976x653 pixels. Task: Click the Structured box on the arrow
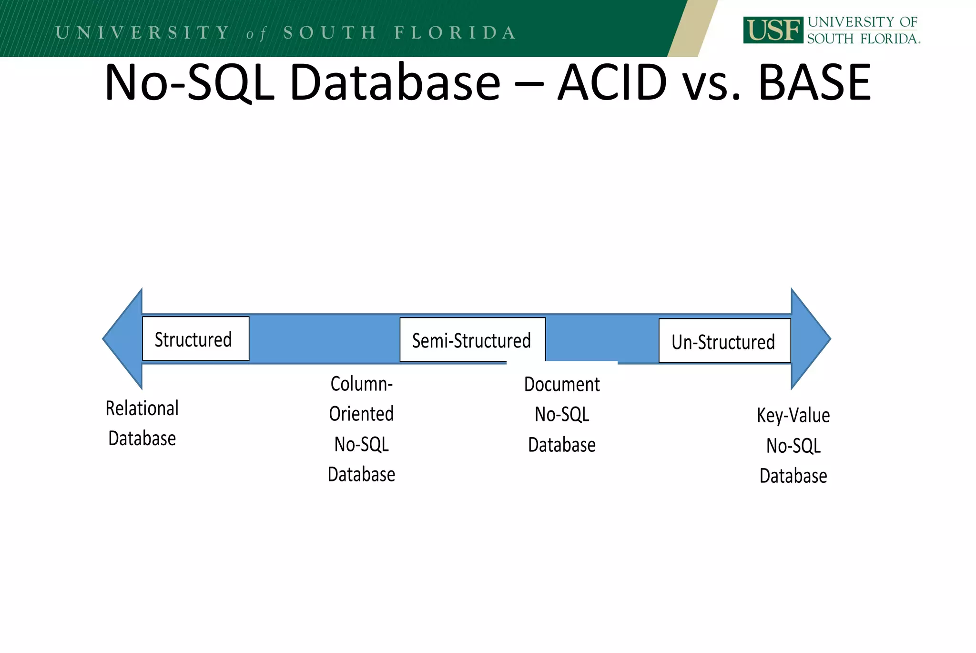195,339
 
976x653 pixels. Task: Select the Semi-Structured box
472,340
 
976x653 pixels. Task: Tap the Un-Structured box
724,341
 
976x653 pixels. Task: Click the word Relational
142,408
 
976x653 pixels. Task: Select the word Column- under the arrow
361,384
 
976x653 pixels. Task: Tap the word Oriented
361,414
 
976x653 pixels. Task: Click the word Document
562,384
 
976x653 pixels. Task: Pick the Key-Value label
793,415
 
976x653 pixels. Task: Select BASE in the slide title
814,83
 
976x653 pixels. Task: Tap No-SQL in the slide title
189,83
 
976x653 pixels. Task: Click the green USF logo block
773,30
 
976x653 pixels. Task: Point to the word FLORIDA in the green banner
455,32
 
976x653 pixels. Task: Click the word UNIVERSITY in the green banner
142,32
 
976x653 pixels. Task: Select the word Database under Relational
142,439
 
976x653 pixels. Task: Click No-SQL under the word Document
562,415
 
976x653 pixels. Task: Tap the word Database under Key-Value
793,476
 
